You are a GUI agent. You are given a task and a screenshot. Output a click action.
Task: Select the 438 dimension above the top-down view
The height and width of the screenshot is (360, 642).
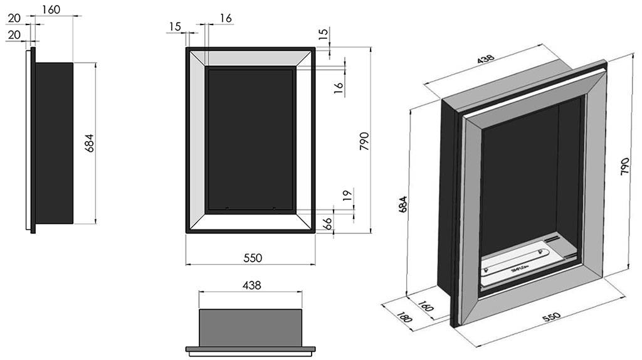(250, 285)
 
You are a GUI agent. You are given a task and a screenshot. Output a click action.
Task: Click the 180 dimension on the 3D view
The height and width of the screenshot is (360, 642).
(406, 317)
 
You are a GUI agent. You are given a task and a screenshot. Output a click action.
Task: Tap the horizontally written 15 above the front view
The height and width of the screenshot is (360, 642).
(174, 26)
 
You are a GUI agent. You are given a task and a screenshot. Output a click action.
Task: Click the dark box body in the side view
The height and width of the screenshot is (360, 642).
(54, 143)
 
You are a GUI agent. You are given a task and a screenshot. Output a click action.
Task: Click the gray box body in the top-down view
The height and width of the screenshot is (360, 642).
(250, 325)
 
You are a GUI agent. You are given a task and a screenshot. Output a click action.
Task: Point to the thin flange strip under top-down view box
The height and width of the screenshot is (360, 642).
(250, 349)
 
